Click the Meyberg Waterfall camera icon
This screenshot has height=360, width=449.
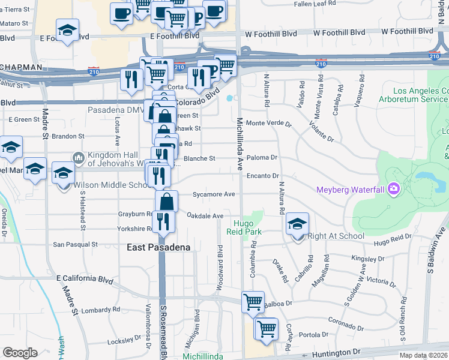click(393, 190)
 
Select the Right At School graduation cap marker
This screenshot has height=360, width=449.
click(298, 225)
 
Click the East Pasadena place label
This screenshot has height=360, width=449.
click(158, 247)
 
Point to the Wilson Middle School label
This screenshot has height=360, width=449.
click(112, 185)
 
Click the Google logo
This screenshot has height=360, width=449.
click(20, 353)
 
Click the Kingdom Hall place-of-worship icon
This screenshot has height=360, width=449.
click(78, 157)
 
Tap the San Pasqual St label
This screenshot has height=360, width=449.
click(75, 244)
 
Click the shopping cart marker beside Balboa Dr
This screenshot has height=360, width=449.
click(253, 302)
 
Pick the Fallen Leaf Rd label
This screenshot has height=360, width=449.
click(315, 4)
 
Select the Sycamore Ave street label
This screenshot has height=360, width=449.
click(214, 194)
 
